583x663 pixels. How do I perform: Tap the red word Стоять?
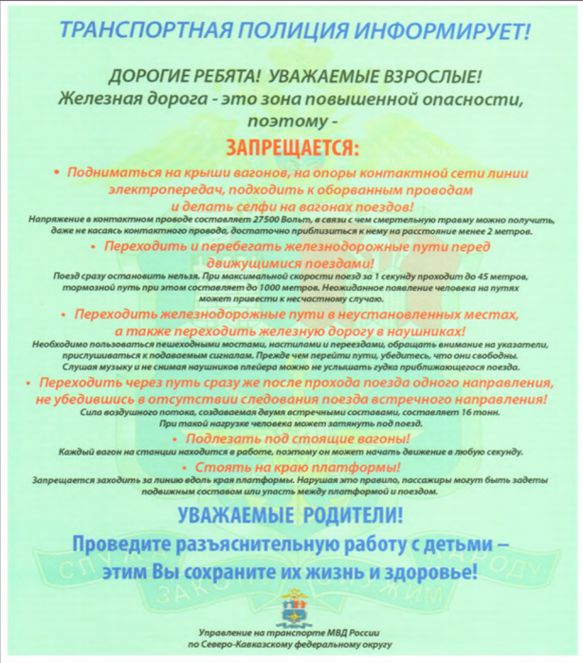click(x=233, y=468)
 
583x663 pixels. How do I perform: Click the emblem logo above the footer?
click(x=293, y=606)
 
